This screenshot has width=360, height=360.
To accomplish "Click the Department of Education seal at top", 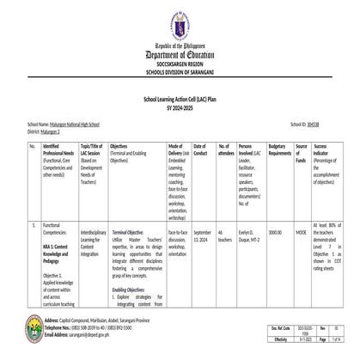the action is (x=180, y=20).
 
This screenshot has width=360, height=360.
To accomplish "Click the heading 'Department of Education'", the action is (x=180, y=54).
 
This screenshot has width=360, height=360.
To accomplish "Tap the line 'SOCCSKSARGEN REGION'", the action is (x=180, y=65).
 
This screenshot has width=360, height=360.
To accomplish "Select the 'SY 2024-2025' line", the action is (x=180, y=107).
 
